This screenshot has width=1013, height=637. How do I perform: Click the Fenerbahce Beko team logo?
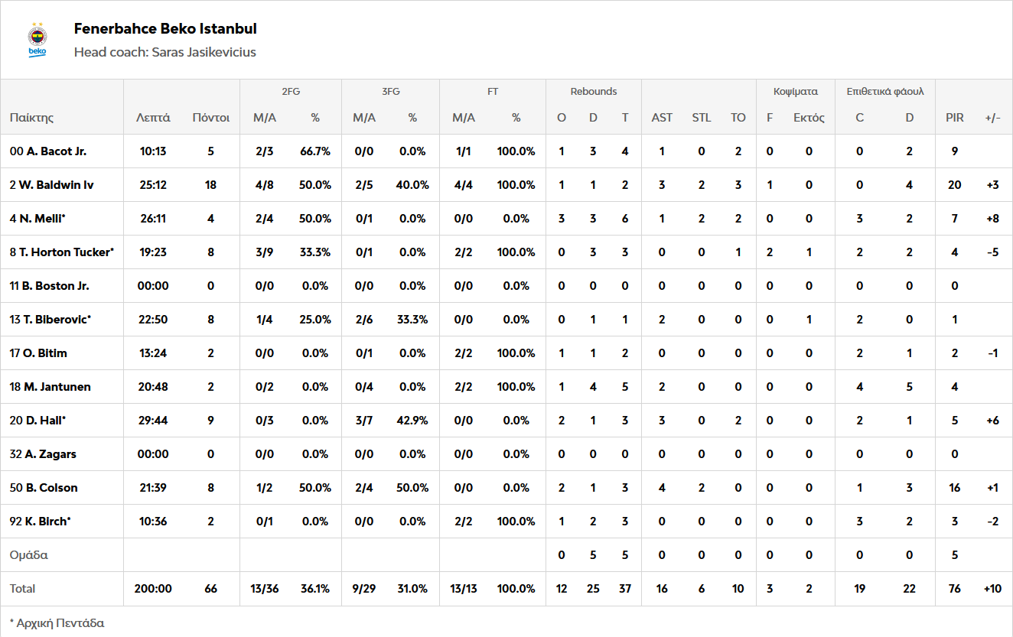tap(37, 41)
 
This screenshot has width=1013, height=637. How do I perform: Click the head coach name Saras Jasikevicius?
tap(203, 52)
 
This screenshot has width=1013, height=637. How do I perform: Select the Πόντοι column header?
tap(210, 118)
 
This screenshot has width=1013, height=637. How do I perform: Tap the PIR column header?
tap(954, 118)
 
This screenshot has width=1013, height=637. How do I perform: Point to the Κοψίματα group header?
tap(795, 92)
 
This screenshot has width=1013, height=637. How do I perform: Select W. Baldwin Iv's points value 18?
tap(210, 185)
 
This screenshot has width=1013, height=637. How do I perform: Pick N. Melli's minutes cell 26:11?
tap(153, 219)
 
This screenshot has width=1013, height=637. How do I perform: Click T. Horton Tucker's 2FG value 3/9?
tap(264, 252)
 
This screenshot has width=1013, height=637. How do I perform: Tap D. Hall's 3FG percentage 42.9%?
tap(412, 421)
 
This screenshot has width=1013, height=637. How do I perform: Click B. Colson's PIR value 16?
tap(954, 488)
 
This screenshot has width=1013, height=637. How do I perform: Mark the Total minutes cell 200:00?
tap(153, 589)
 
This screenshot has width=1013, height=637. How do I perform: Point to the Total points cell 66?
tap(210, 589)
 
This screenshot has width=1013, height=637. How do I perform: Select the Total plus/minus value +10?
tap(992, 589)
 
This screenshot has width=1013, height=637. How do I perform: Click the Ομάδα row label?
tap(28, 555)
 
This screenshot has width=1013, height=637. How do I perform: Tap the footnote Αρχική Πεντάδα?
tap(57, 622)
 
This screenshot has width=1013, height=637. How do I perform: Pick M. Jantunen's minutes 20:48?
tap(153, 387)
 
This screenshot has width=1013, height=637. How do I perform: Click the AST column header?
tap(662, 118)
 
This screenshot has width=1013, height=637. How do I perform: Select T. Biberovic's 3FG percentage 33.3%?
tap(412, 320)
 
